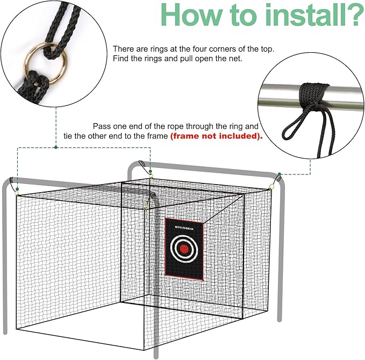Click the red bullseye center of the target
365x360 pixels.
184,249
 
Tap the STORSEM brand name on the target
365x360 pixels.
184,227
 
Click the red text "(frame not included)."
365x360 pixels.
217,136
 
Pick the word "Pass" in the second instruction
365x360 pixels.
103,125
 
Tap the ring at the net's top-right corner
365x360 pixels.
271,186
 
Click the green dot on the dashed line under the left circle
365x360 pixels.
55,147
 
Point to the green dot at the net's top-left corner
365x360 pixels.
17,189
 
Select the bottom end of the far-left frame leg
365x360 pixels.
5,330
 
